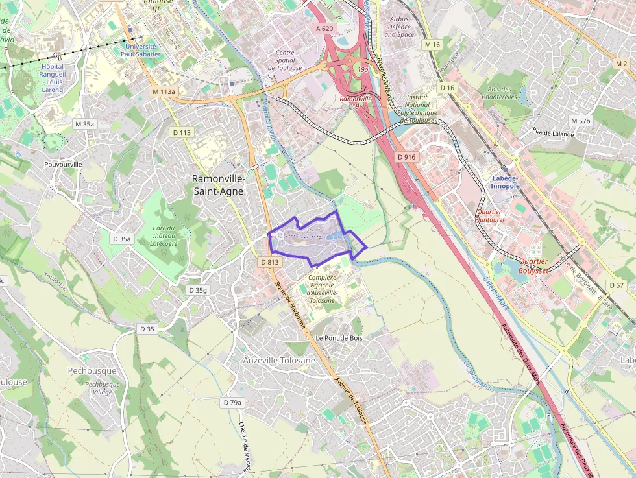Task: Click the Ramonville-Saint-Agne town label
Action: [218, 184]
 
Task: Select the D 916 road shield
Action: [406, 157]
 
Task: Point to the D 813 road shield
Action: [269, 262]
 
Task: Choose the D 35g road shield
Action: [197, 289]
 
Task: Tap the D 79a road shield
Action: [232, 403]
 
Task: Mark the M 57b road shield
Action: [580, 121]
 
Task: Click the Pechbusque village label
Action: [92, 371]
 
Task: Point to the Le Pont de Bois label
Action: [339, 338]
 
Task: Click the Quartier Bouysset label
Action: [533, 266]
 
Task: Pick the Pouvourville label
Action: [63, 164]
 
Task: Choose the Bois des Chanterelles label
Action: [499, 93]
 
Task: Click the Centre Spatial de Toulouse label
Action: [285, 60]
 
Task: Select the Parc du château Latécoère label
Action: [164, 235]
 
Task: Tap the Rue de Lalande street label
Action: [536, 132]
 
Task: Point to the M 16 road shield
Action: [432, 44]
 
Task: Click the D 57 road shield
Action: [616, 285]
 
